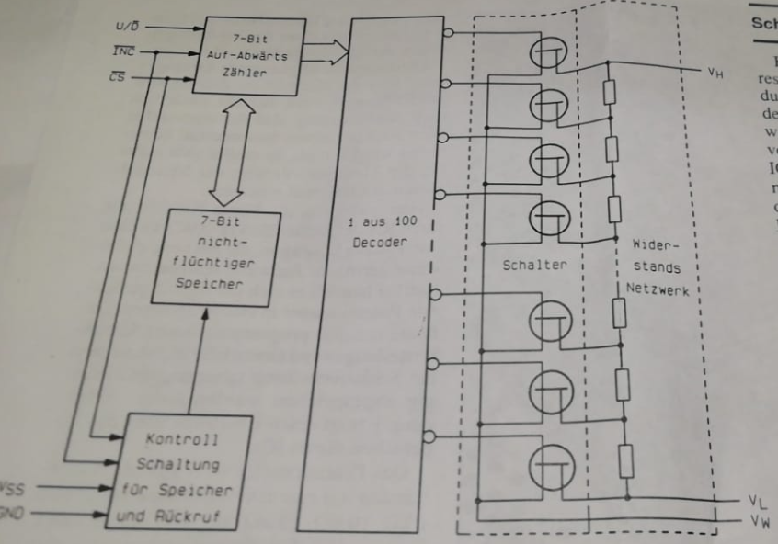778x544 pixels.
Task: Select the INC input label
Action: (122, 52)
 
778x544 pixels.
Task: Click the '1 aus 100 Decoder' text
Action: (382, 232)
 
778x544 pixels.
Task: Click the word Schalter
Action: (534, 265)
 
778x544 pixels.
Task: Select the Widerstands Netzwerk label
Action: (656, 267)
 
